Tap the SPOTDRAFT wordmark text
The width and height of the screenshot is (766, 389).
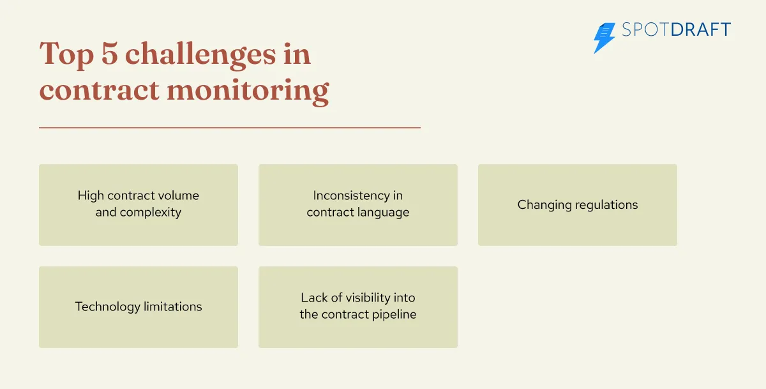[676, 30]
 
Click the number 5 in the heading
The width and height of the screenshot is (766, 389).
[107, 54]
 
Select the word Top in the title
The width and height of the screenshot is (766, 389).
[65, 54]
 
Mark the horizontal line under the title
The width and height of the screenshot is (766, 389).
[230, 128]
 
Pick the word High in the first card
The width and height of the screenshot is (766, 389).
[91, 195]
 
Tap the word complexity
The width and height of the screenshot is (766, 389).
[151, 213]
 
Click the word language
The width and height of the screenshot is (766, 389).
[382, 213]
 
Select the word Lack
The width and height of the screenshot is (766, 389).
[313, 298]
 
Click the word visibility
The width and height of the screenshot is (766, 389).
[366, 298]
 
